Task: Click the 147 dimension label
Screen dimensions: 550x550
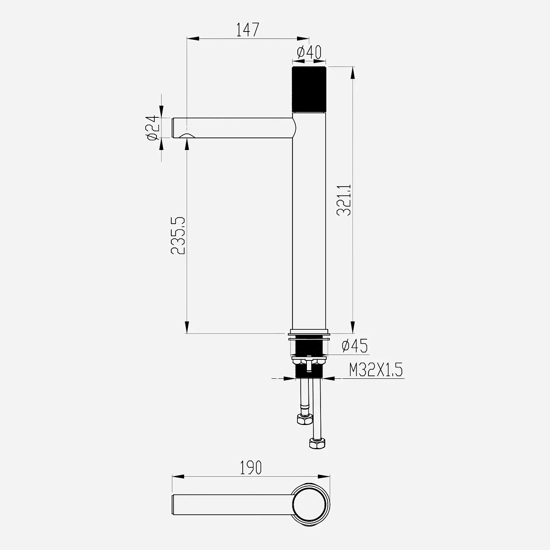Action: pos(248,30)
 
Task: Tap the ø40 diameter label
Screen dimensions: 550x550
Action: pos(309,52)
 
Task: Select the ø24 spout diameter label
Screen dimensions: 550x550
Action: pos(152,128)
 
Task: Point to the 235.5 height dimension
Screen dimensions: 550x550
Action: pos(178,235)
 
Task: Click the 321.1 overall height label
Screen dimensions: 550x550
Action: pos(344,200)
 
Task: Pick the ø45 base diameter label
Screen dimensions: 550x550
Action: pos(355,346)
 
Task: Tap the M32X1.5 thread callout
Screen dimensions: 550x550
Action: pos(376,370)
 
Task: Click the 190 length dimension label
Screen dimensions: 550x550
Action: pos(251,468)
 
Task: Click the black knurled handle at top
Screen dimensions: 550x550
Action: pos(309,89)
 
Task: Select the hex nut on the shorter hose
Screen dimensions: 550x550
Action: pos(305,419)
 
